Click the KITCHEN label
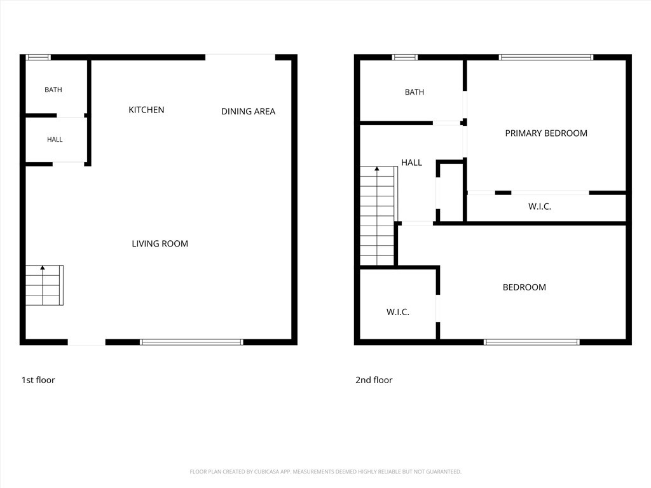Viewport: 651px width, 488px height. point(146,110)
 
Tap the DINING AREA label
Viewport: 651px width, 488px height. point(249,111)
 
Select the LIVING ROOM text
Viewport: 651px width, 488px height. point(160,243)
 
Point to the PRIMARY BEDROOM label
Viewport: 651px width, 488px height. point(546,133)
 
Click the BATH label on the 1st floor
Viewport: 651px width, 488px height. point(53,90)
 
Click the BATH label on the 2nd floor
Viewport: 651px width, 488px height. point(415,92)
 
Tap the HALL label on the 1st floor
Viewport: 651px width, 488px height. point(55,139)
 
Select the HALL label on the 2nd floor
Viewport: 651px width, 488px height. point(411,163)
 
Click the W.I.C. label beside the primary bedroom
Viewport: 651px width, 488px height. point(540,207)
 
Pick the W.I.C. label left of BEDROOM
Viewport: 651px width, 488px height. point(398,312)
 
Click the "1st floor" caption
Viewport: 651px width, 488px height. point(38,380)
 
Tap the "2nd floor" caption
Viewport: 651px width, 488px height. point(374,380)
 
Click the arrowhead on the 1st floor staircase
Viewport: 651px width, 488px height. point(43,268)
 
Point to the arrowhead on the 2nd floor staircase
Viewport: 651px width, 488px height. point(377,168)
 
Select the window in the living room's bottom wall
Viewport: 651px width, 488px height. point(191,342)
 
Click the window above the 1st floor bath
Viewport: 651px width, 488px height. point(38,57)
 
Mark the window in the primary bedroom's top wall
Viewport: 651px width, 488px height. point(546,57)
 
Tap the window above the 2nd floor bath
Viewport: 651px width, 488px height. point(405,57)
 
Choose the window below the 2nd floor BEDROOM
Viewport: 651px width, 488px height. point(531,342)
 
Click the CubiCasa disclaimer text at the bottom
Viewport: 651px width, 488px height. point(325,472)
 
